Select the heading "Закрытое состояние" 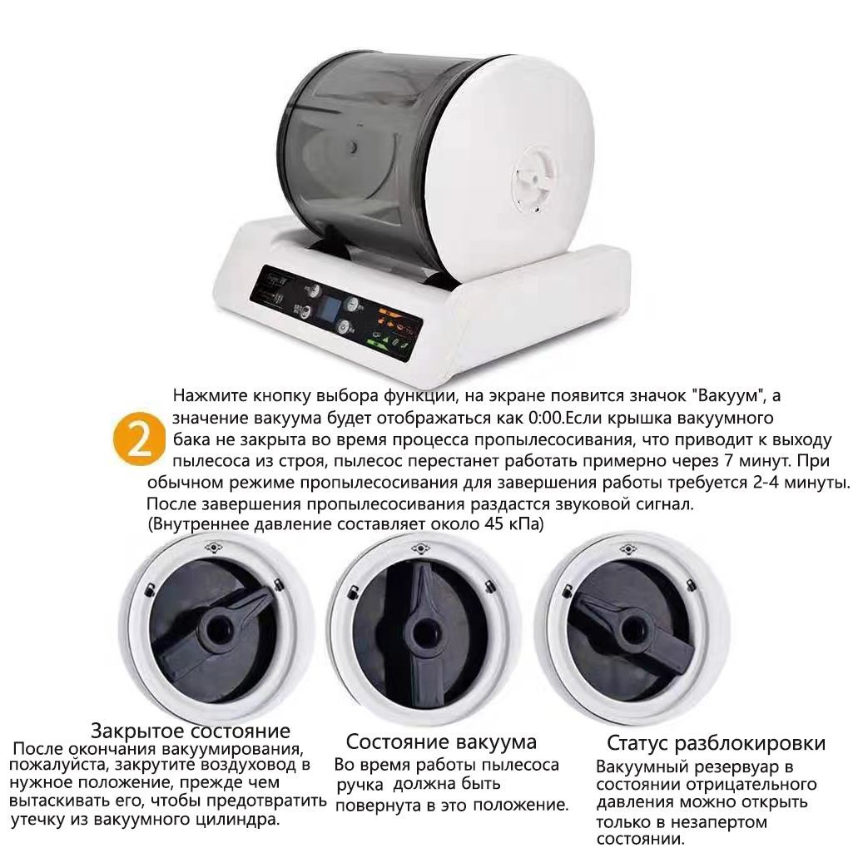click(191, 730)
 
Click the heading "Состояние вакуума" click(441, 741)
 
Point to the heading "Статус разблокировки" click(716, 743)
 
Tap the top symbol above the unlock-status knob click(628, 549)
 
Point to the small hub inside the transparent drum click(353, 146)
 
